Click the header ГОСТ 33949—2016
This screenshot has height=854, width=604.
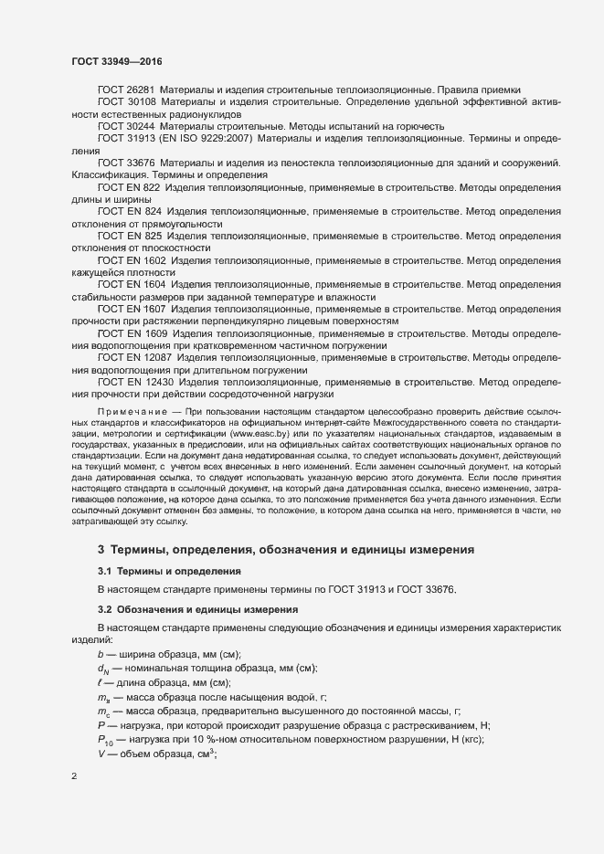pos(117,61)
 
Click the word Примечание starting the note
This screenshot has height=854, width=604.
pos(128,412)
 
